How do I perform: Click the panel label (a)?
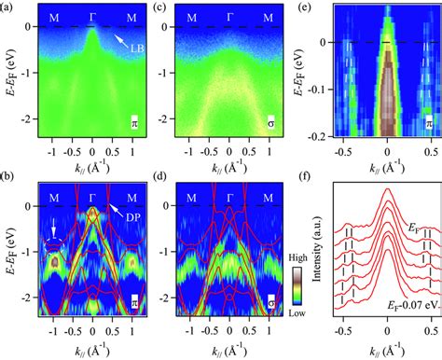tap(7, 7)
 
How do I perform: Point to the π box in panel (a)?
tap(133, 124)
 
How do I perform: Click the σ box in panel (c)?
tap(269, 124)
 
